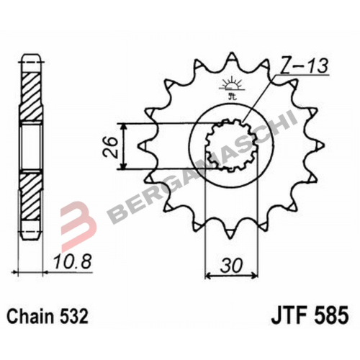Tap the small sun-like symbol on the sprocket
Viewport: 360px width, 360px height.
(x=230, y=81)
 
